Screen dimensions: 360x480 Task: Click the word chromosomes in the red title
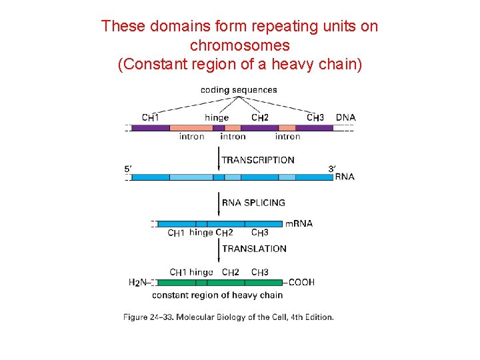click(x=240, y=46)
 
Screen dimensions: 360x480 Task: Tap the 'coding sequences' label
click(x=239, y=90)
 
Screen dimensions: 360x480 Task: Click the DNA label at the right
click(x=345, y=117)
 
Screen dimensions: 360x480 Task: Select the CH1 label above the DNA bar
click(x=151, y=118)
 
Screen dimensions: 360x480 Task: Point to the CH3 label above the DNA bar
click(x=315, y=118)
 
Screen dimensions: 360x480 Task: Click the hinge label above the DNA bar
click(x=217, y=118)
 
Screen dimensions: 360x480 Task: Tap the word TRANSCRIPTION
click(x=257, y=160)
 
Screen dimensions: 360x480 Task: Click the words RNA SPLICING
click(x=253, y=203)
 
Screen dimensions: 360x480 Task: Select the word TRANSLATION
click(x=254, y=249)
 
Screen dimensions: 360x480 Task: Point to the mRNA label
click(x=299, y=224)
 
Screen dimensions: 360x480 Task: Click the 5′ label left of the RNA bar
click(x=128, y=169)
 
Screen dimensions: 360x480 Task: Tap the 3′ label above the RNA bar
click(x=331, y=169)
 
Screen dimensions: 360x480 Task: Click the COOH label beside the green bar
click(x=301, y=282)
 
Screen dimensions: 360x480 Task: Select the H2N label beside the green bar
click(x=137, y=283)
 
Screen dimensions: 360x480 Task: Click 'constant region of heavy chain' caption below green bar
click(x=217, y=295)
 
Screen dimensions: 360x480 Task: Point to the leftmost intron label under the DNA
click(x=192, y=137)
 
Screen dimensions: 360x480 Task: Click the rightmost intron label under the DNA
click(x=287, y=137)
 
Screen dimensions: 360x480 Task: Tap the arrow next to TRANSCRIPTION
click(x=219, y=160)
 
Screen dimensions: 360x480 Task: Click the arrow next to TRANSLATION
click(x=219, y=249)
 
